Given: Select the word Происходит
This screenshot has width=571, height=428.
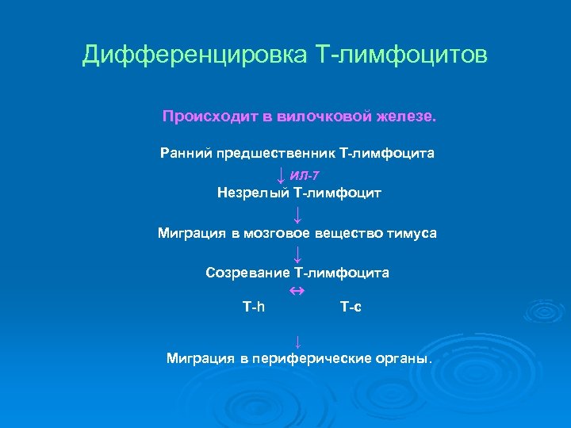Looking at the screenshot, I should tap(209, 117).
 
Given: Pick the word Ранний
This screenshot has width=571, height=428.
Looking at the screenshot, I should tap(184, 152).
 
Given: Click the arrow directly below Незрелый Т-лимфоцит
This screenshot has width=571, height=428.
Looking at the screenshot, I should tap(297, 214).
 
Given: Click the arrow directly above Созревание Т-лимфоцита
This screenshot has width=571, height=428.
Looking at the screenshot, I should tap(297, 254).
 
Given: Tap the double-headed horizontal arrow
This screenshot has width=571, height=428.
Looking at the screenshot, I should tap(297, 292).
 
